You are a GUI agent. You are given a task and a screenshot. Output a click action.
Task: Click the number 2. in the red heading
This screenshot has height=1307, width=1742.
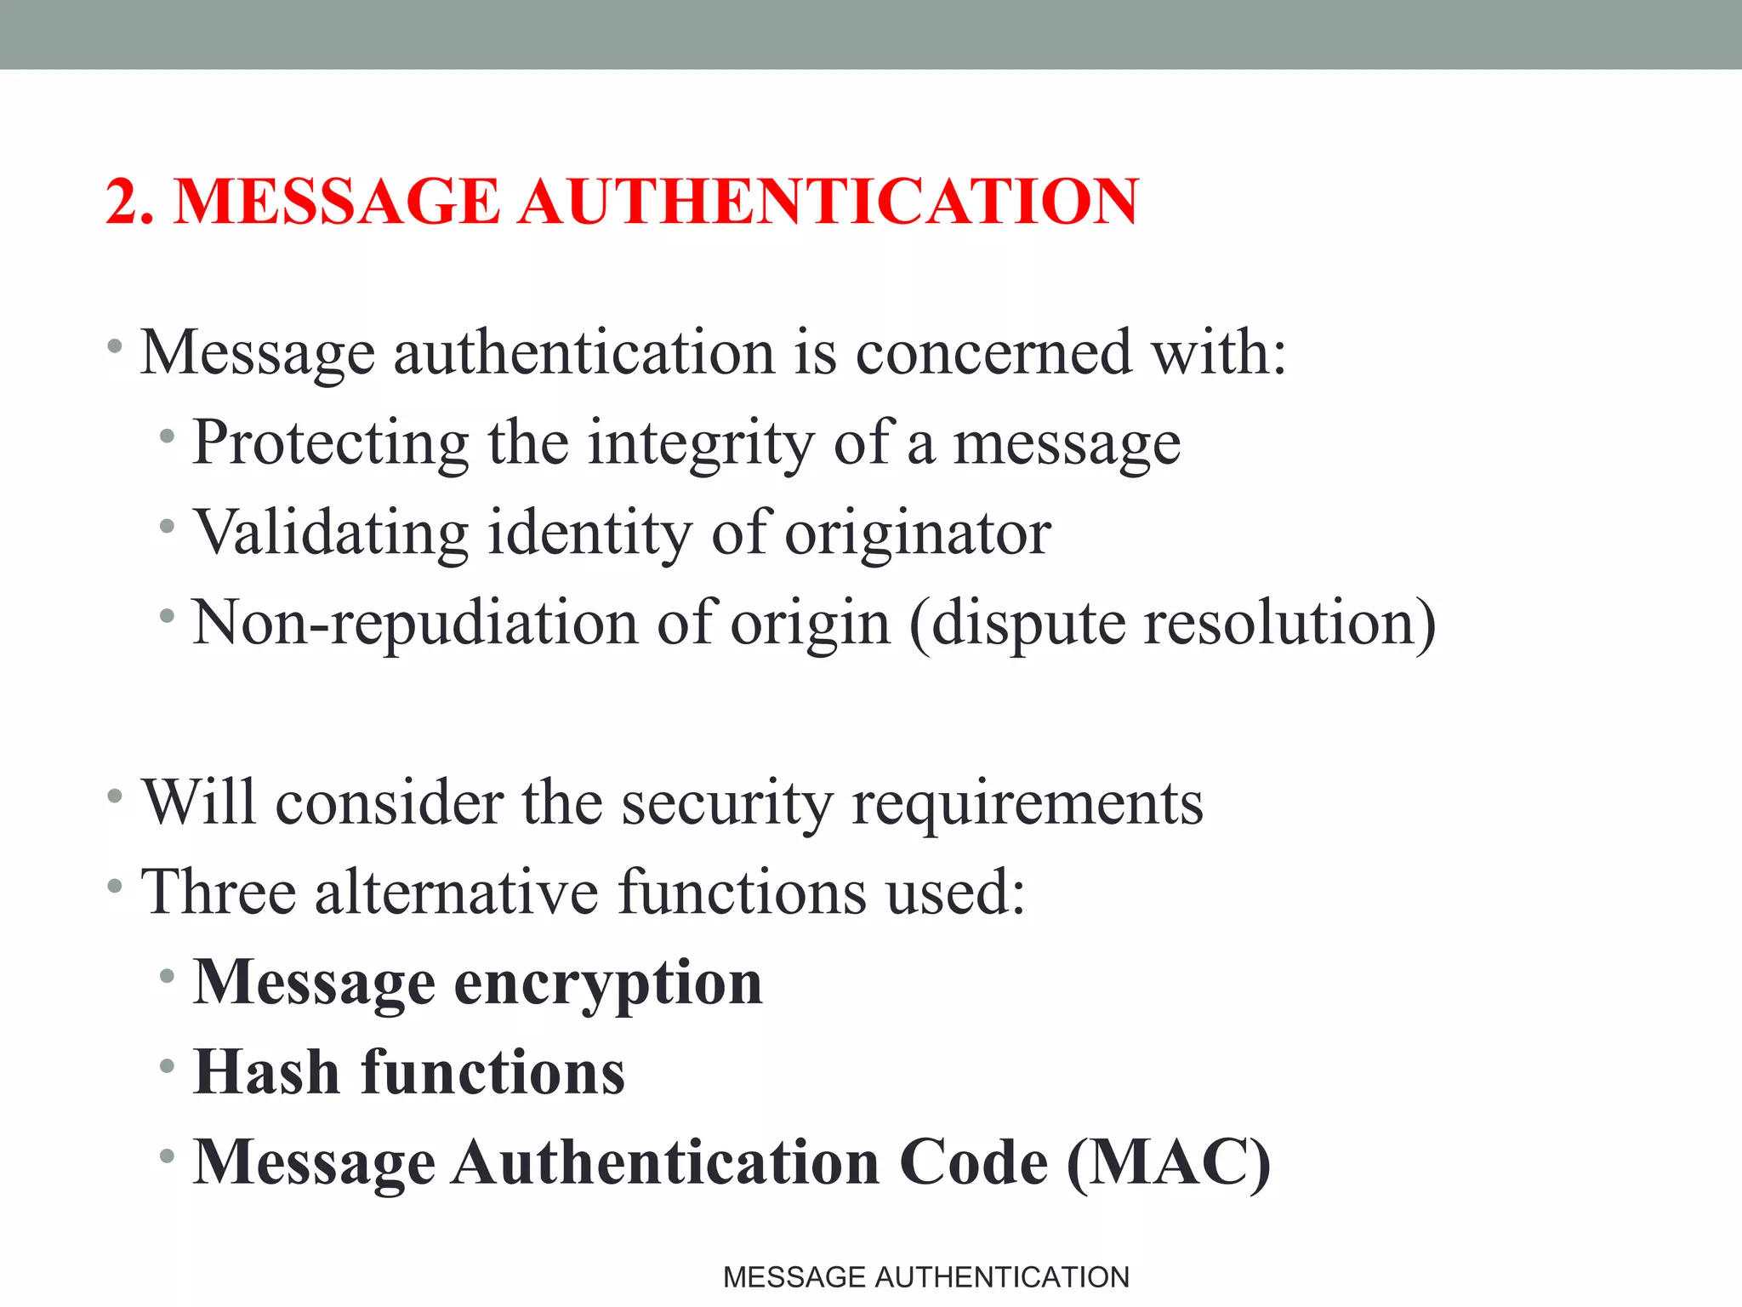click(130, 202)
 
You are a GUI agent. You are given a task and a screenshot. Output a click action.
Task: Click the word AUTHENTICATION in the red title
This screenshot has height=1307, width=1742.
click(828, 202)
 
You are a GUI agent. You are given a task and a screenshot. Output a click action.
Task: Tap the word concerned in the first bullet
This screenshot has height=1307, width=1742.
click(993, 352)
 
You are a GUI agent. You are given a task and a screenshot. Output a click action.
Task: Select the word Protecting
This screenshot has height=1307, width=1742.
click(330, 442)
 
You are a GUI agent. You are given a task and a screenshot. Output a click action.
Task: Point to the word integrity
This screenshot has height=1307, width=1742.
click(701, 442)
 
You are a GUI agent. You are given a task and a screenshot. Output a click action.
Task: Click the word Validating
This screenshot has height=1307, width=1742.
click(331, 533)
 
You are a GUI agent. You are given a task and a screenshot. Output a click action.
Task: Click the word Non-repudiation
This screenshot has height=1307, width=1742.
click(414, 622)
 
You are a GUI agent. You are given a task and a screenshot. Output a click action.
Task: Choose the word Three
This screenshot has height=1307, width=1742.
click(218, 892)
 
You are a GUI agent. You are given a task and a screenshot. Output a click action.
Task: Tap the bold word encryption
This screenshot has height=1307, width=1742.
click(607, 984)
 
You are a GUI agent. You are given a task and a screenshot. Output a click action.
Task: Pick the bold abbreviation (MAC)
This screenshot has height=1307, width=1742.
click(1168, 1162)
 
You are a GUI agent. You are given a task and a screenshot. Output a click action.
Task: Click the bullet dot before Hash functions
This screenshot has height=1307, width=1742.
click(167, 1065)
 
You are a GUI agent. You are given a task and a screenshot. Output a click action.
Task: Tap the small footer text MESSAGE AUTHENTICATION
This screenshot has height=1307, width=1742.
click(925, 1277)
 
